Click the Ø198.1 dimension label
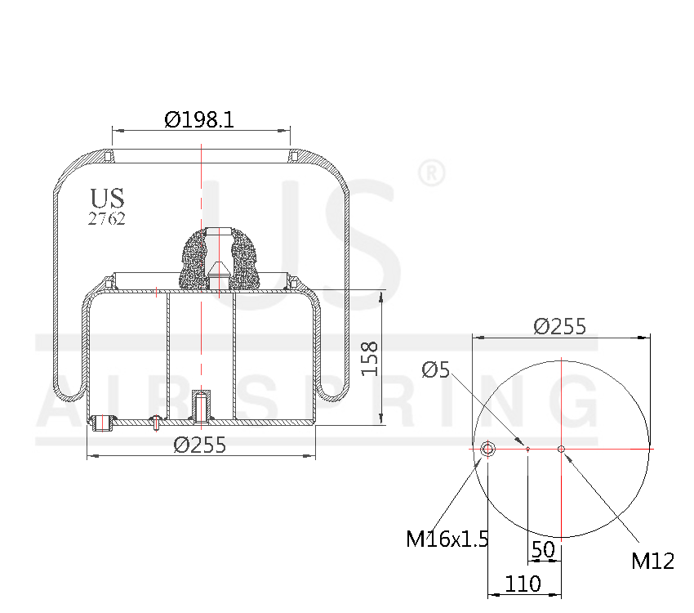click(199, 120)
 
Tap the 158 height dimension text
click(370, 358)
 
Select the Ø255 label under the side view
click(200, 445)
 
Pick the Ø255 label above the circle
click(560, 326)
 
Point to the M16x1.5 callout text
click(447, 539)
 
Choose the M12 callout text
click(652, 561)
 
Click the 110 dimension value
click(523, 584)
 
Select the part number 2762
click(107, 218)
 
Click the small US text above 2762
click(107, 198)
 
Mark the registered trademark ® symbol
click(431, 173)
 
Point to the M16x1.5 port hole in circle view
click(487, 449)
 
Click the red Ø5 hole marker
click(528, 448)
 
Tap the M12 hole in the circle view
click(561, 448)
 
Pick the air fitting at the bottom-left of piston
click(103, 423)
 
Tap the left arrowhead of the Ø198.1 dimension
click(115, 130)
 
